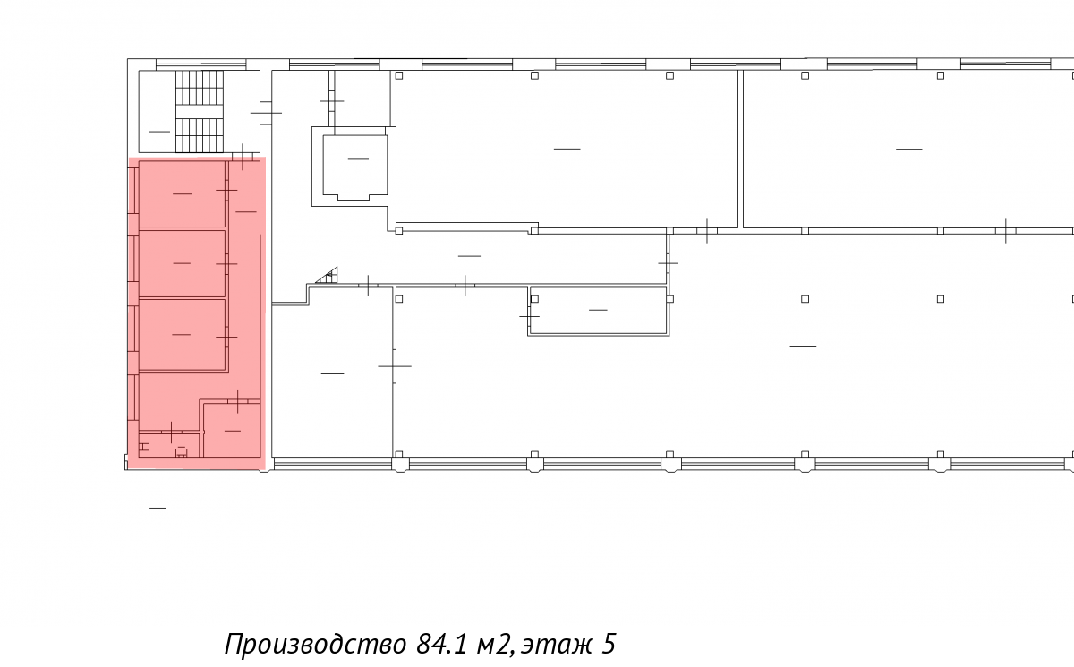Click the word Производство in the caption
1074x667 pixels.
pos(315,644)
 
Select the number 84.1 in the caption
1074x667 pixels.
pos(441,644)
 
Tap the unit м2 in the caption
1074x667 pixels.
pos(495,645)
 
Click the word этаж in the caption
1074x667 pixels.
pos(556,646)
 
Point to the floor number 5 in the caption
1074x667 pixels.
pos(608,644)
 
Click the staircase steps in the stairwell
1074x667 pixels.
pos(200,111)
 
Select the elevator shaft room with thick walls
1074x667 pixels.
pos(354,166)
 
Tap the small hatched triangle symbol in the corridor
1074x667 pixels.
pos(328,276)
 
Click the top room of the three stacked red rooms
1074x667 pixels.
pos(183,193)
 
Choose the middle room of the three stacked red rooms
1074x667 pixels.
pos(183,263)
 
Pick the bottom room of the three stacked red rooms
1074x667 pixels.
pos(183,334)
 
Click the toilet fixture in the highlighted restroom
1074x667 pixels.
pos(181,452)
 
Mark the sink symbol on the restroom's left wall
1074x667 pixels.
pos(144,447)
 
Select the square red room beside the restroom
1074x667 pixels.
pos(232,430)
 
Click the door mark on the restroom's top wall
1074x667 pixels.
pos(171,432)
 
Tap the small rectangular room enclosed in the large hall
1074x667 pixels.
pos(599,311)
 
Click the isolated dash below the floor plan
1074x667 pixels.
pos(158,508)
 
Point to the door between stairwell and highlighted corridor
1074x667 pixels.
pos(243,157)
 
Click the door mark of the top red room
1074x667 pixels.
pos(226,191)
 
